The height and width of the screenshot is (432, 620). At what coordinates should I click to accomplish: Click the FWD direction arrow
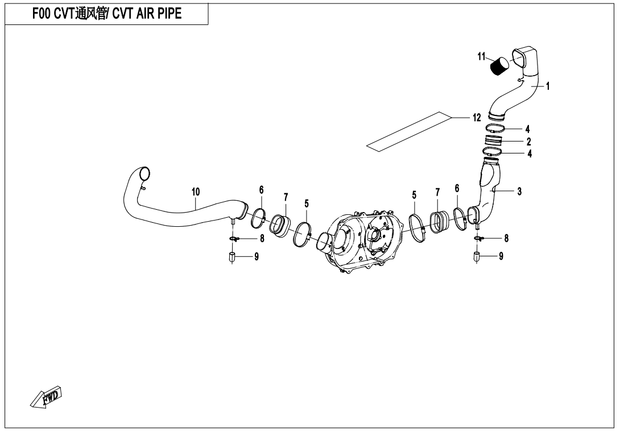pyautogui.click(x=47, y=396)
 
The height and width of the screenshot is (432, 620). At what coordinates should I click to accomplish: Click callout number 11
pyautogui.click(x=481, y=57)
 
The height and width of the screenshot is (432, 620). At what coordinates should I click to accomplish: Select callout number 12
pyautogui.click(x=477, y=118)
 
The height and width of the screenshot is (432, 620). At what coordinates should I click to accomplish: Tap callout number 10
pyautogui.click(x=196, y=192)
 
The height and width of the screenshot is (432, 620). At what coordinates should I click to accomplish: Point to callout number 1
pyautogui.click(x=548, y=86)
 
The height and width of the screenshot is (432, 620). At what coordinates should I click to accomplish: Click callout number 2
pyautogui.click(x=529, y=142)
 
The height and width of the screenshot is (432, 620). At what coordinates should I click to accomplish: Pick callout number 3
pyautogui.click(x=519, y=192)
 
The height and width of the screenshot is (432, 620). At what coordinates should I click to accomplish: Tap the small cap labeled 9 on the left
pyautogui.click(x=232, y=257)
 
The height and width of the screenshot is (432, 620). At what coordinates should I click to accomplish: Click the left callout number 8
pyautogui.click(x=261, y=239)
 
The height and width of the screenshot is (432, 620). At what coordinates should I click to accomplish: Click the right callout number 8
pyautogui.click(x=506, y=238)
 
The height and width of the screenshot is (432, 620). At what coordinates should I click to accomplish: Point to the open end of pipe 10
pyautogui.click(x=144, y=173)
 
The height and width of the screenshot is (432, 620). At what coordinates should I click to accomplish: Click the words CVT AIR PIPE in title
pyautogui.click(x=147, y=14)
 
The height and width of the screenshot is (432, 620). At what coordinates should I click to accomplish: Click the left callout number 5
pyautogui.click(x=307, y=204)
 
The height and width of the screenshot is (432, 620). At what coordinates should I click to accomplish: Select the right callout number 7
pyautogui.click(x=437, y=193)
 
